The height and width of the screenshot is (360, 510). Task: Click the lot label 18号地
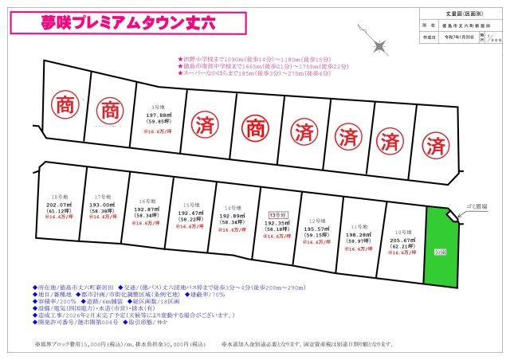point(56,196)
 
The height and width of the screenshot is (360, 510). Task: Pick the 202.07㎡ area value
point(56,204)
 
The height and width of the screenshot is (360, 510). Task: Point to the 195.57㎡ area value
point(316,228)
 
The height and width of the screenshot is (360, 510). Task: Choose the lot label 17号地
point(101,196)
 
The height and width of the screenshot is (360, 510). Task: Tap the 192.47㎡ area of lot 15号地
point(189,213)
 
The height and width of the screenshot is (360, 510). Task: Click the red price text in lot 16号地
point(146,223)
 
